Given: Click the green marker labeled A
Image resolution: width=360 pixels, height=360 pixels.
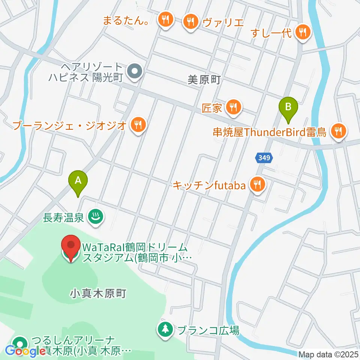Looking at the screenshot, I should pyautogui.click(x=78, y=181).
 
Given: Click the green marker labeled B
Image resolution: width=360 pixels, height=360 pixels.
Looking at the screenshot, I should pyautogui.click(x=288, y=108).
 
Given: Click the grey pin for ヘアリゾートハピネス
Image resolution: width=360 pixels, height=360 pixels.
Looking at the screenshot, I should pyautogui.click(x=133, y=71).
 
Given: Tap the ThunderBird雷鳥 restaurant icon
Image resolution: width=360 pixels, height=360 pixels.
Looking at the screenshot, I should pyautogui.click(x=339, y=131).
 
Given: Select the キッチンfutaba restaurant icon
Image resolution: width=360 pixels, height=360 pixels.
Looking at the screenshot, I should pyautogui.click(x=258, y=184).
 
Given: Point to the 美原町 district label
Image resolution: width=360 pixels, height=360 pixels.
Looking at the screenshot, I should pyautogui.click(x=204, y=79).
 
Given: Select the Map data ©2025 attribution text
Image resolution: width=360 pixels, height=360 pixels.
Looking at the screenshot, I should pyautogui.click(x=328, y=354).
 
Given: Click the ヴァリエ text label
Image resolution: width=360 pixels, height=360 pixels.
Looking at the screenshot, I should pyautogui.click(x=223, y=22).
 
